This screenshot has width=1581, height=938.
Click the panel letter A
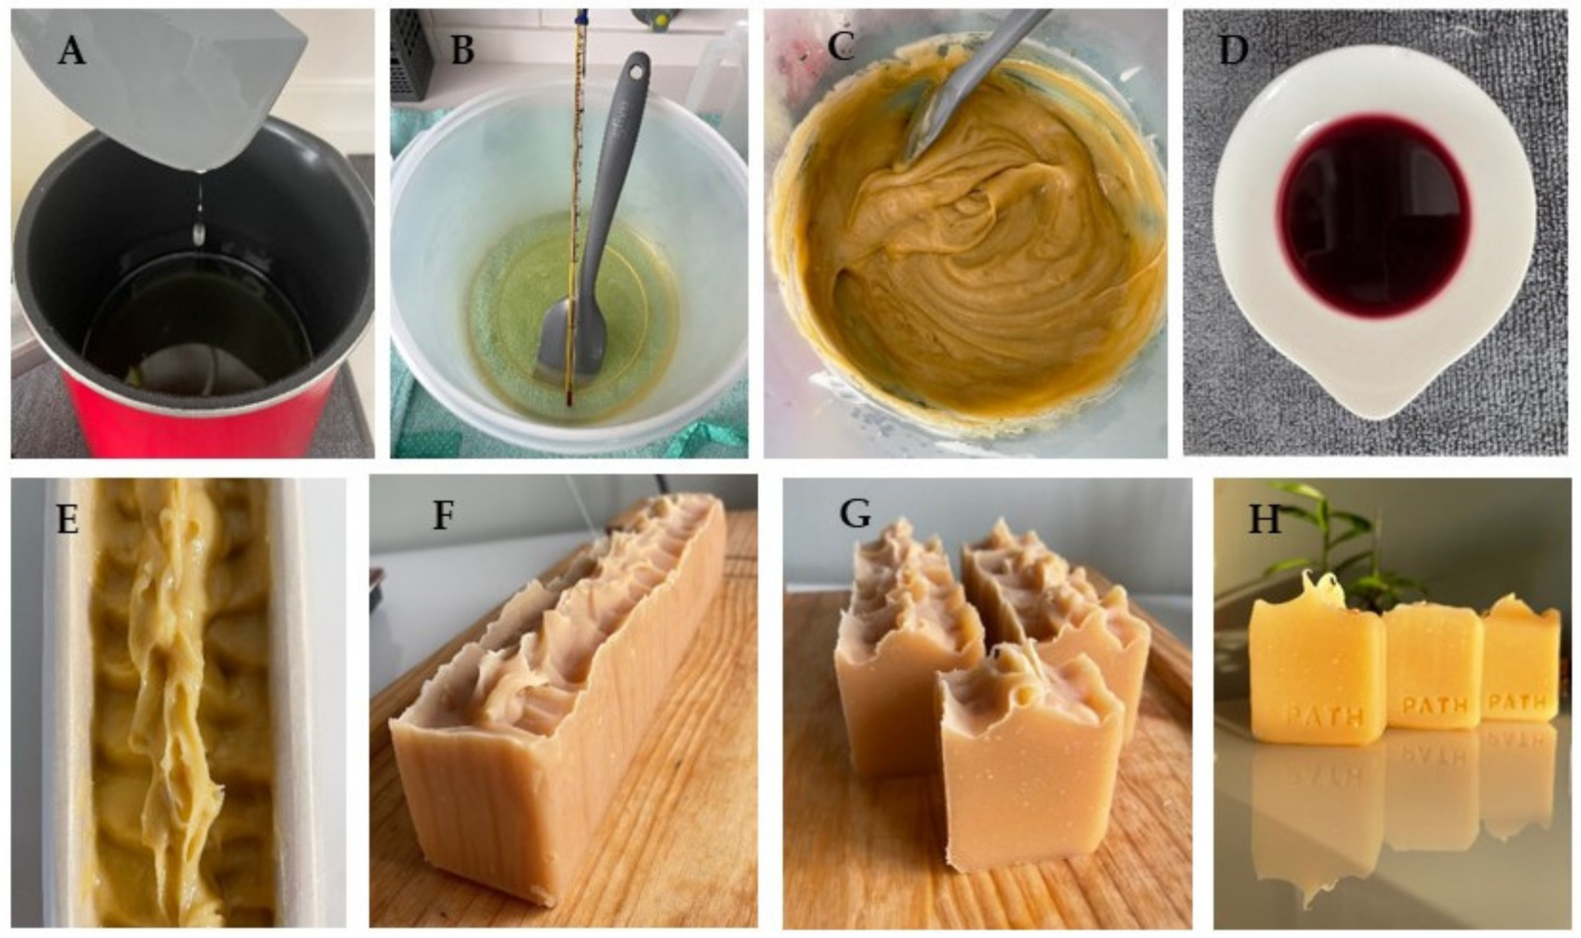click(71, 51)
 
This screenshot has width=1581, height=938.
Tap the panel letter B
click(462, 51)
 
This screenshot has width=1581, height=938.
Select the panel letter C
click(841, 46)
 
